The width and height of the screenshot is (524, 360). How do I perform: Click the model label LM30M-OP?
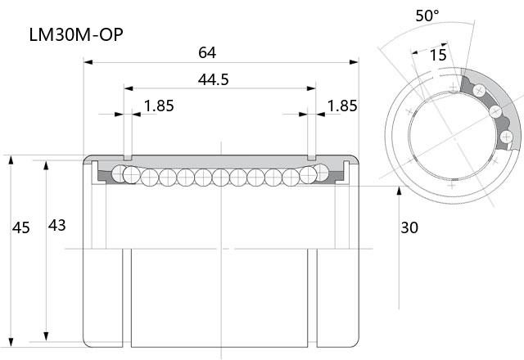pyautogui.click(x=76, y=34)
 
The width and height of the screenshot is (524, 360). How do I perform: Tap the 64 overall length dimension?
pyautogui.click(x=207, y=52)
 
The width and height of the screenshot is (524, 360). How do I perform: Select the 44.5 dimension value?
pyautogui.click(x=213, y=79)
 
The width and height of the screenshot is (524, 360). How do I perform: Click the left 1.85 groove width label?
pyautogui.click(x=159, y=106)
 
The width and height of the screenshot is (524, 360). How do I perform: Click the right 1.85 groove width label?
pyautogui.click(x=342, y=106)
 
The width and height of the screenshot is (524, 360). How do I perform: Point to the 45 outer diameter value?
pyautogui.click(x=21, y=227)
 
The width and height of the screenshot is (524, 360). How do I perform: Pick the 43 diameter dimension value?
pyautogui.click(x=56, y=226)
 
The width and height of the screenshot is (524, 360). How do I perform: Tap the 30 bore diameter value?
pyautogui.click(x=409, y=227)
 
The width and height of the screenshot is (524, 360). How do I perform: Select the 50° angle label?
pyautogui.click(x=427, y=16)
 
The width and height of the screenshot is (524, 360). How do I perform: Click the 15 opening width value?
pyautogui.click(x=438, y=55)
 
